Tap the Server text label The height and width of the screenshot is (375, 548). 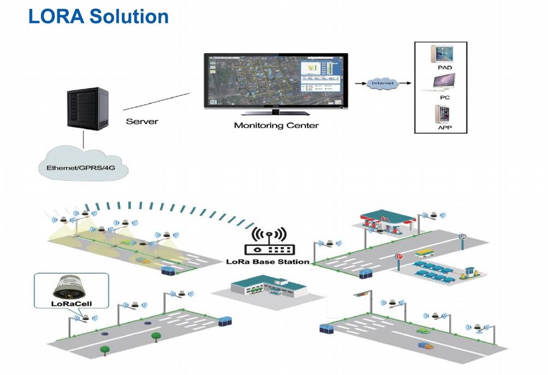click(142, 121)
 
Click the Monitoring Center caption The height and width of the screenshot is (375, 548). click(276, 125)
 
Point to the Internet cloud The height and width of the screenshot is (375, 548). click(381, 83)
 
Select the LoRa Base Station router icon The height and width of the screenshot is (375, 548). click(268, 241)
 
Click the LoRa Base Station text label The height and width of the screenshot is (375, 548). click(268, 262)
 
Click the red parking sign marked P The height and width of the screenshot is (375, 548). click(399, 256)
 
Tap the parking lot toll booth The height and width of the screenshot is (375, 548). click(469, 272)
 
